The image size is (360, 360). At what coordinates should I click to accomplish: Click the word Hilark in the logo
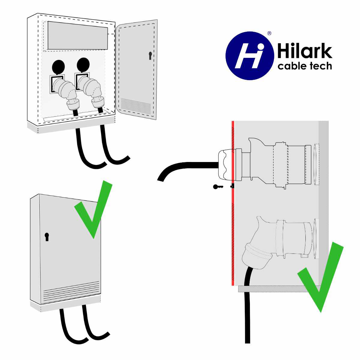click(x=304, y=51)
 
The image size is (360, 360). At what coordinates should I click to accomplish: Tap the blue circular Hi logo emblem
click(x=250, y=56)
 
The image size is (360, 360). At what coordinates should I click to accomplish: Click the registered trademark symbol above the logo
click(x=269, y=33)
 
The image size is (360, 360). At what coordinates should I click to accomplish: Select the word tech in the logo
click(x=321, y=66)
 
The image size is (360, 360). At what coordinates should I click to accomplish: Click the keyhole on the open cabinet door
click(x=150, y=56)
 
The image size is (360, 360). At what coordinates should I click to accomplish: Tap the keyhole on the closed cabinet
click(x=47, y=237)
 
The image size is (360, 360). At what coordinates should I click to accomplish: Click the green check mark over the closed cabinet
click(x=93, y=209)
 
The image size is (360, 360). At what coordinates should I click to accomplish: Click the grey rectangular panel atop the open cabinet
click(x=78, y=35)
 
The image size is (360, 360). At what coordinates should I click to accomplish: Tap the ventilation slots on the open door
click(x=136, y=106)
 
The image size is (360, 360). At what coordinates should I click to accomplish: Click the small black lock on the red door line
click(x=232, y=186)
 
